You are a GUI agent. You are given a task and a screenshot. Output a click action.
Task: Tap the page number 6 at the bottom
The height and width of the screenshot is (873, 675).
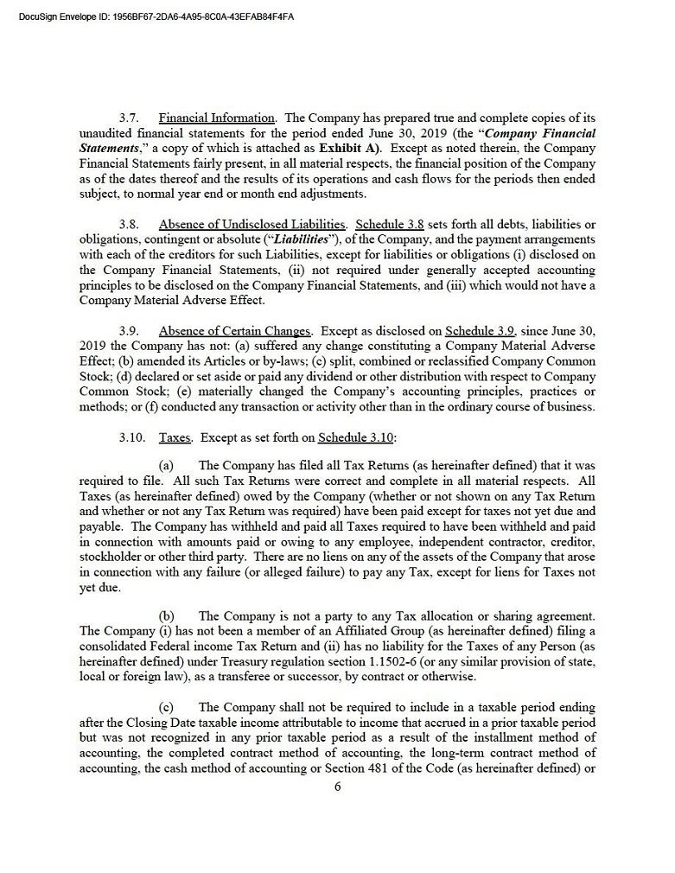pos(338,786)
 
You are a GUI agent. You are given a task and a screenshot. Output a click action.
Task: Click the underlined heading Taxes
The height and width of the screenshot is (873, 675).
pos(175,437)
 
